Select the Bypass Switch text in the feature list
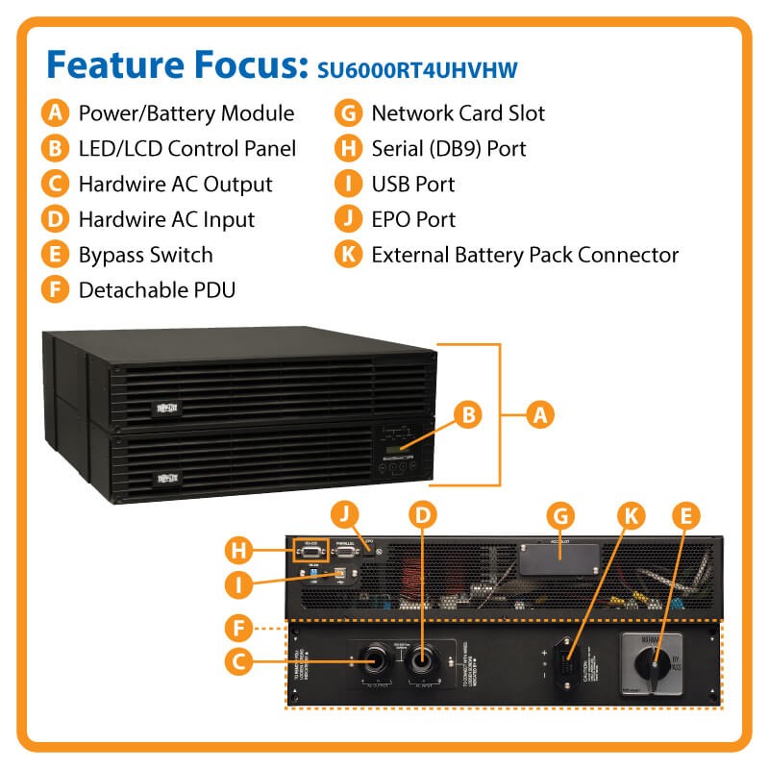145,255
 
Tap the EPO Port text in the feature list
413,219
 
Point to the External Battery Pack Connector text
525,255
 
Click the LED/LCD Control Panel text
186,148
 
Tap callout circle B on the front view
468,415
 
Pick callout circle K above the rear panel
630,513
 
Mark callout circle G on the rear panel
558,513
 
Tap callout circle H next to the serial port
238,551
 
